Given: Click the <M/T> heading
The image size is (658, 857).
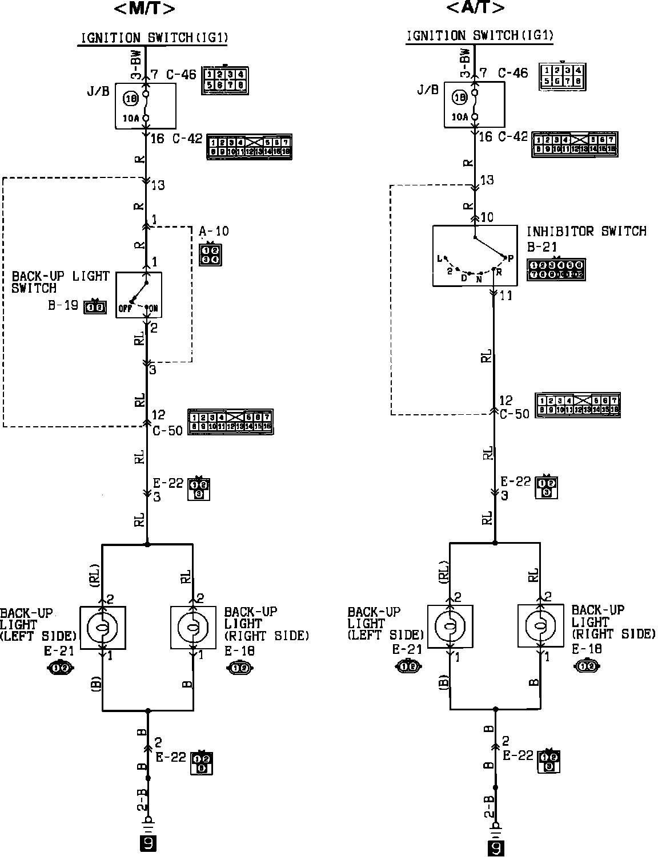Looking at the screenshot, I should (x=145, y=9).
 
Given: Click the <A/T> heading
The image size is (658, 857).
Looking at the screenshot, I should (x=475, y=8).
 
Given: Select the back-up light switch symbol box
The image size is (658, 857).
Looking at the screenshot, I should (x=139, y=295).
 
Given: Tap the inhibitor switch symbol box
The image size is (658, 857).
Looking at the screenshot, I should (x=475, y=256).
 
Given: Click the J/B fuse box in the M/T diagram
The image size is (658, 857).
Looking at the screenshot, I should (x=146, y=106).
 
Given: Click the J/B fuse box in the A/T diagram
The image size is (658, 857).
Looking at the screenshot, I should (x=474, y=104).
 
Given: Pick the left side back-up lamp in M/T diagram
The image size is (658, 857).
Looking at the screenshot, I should (x=102, y=627).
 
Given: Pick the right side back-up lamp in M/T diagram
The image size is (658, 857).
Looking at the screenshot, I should (x=193, y=627).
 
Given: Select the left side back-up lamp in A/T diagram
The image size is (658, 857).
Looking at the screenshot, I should (x=450, y=626).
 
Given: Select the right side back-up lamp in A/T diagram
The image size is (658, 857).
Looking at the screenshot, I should (x=540, y=626).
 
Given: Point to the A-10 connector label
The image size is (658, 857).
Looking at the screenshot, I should (x=214, y=231).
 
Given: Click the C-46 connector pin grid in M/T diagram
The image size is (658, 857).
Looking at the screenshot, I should (x=225, y=80).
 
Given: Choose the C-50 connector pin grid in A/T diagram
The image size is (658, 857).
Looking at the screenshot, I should (x=577, y=405).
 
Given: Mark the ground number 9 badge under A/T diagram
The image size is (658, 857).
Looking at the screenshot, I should (x=496, y=848).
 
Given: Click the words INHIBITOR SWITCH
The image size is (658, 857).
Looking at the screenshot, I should (x=586, y=231).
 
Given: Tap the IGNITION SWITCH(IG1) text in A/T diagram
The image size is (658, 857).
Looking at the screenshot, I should (x=480, y=36).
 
